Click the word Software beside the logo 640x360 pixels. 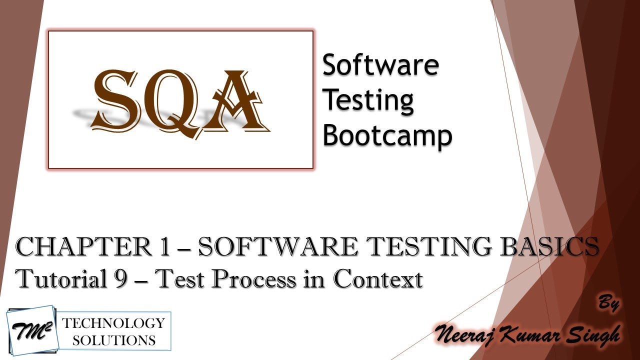tap(380, 65)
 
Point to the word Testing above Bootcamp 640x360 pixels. tap(368, 101)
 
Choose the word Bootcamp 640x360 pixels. tap(387, 135)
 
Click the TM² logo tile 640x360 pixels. tap(31, 330)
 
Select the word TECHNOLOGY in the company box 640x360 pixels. tap(113, 323)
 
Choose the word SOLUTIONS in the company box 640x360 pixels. tap(113, 340)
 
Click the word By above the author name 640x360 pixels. tap(607, 303)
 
